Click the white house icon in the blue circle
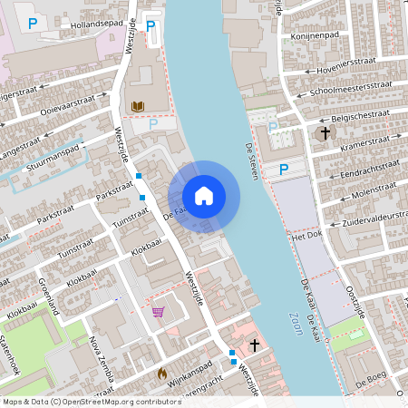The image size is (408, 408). click(x=204, y=196)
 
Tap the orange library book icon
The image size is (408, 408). click(x=138, y=107)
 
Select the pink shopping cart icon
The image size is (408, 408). click(x=159, y=313)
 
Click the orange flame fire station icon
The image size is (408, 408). click(x=162, y=372)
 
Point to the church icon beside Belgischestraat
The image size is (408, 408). click(x=324, y=133)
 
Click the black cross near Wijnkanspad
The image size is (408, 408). click(x=255, y=345)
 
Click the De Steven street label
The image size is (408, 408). click(x=251, y=160)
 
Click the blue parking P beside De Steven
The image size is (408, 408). click(x=284, y=169)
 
